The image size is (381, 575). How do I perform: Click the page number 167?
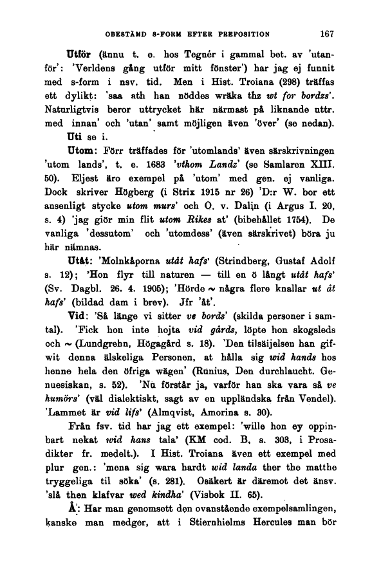(x=328, y=33)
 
